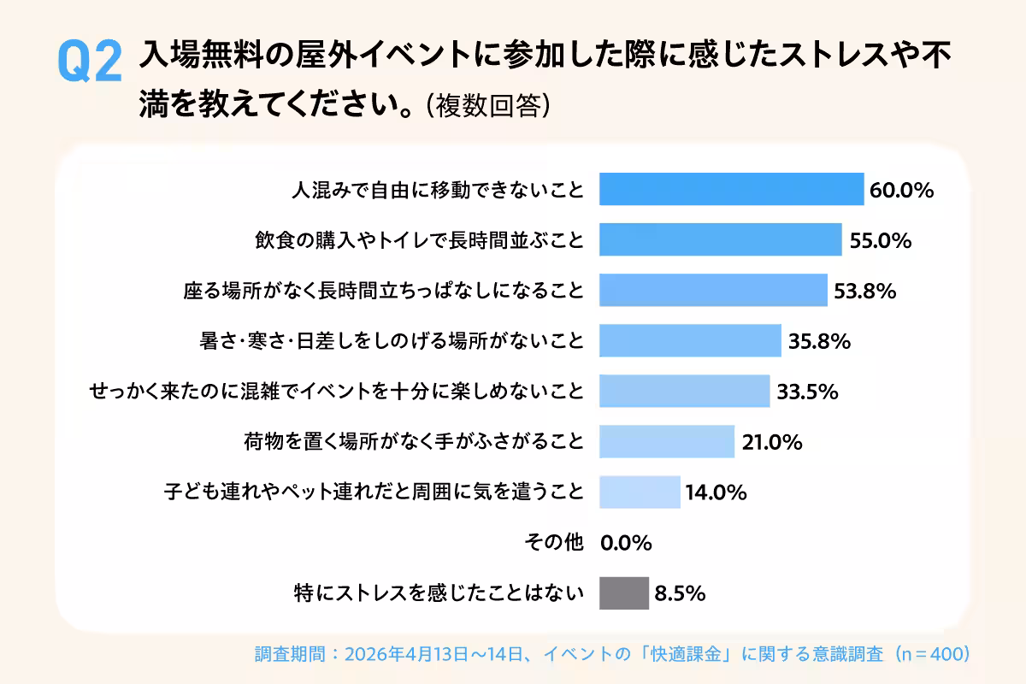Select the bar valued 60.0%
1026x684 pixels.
pyautogui.click(x=731, y=189)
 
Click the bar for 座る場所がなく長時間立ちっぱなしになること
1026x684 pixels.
pyautogui.click(x=713, y=291)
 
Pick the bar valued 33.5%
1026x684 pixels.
pyautogui.click(x=684, y=392)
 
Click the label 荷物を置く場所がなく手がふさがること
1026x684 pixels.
pyautogui.click(x=414, y=442)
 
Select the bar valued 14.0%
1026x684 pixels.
pyautogui.click(x=640, y=492)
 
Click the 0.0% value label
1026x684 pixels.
pyautogui.click(x=627, y=543)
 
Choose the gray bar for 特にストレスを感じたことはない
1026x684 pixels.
pyautogui.click(x=623, y=593)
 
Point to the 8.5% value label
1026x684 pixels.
pyautogui.click(x=680, y=593)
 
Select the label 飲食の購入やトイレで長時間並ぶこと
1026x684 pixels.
pyautogui.click(x=420, y=240)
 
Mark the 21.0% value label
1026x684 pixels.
pyautogui.click(x=771, y=442)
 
